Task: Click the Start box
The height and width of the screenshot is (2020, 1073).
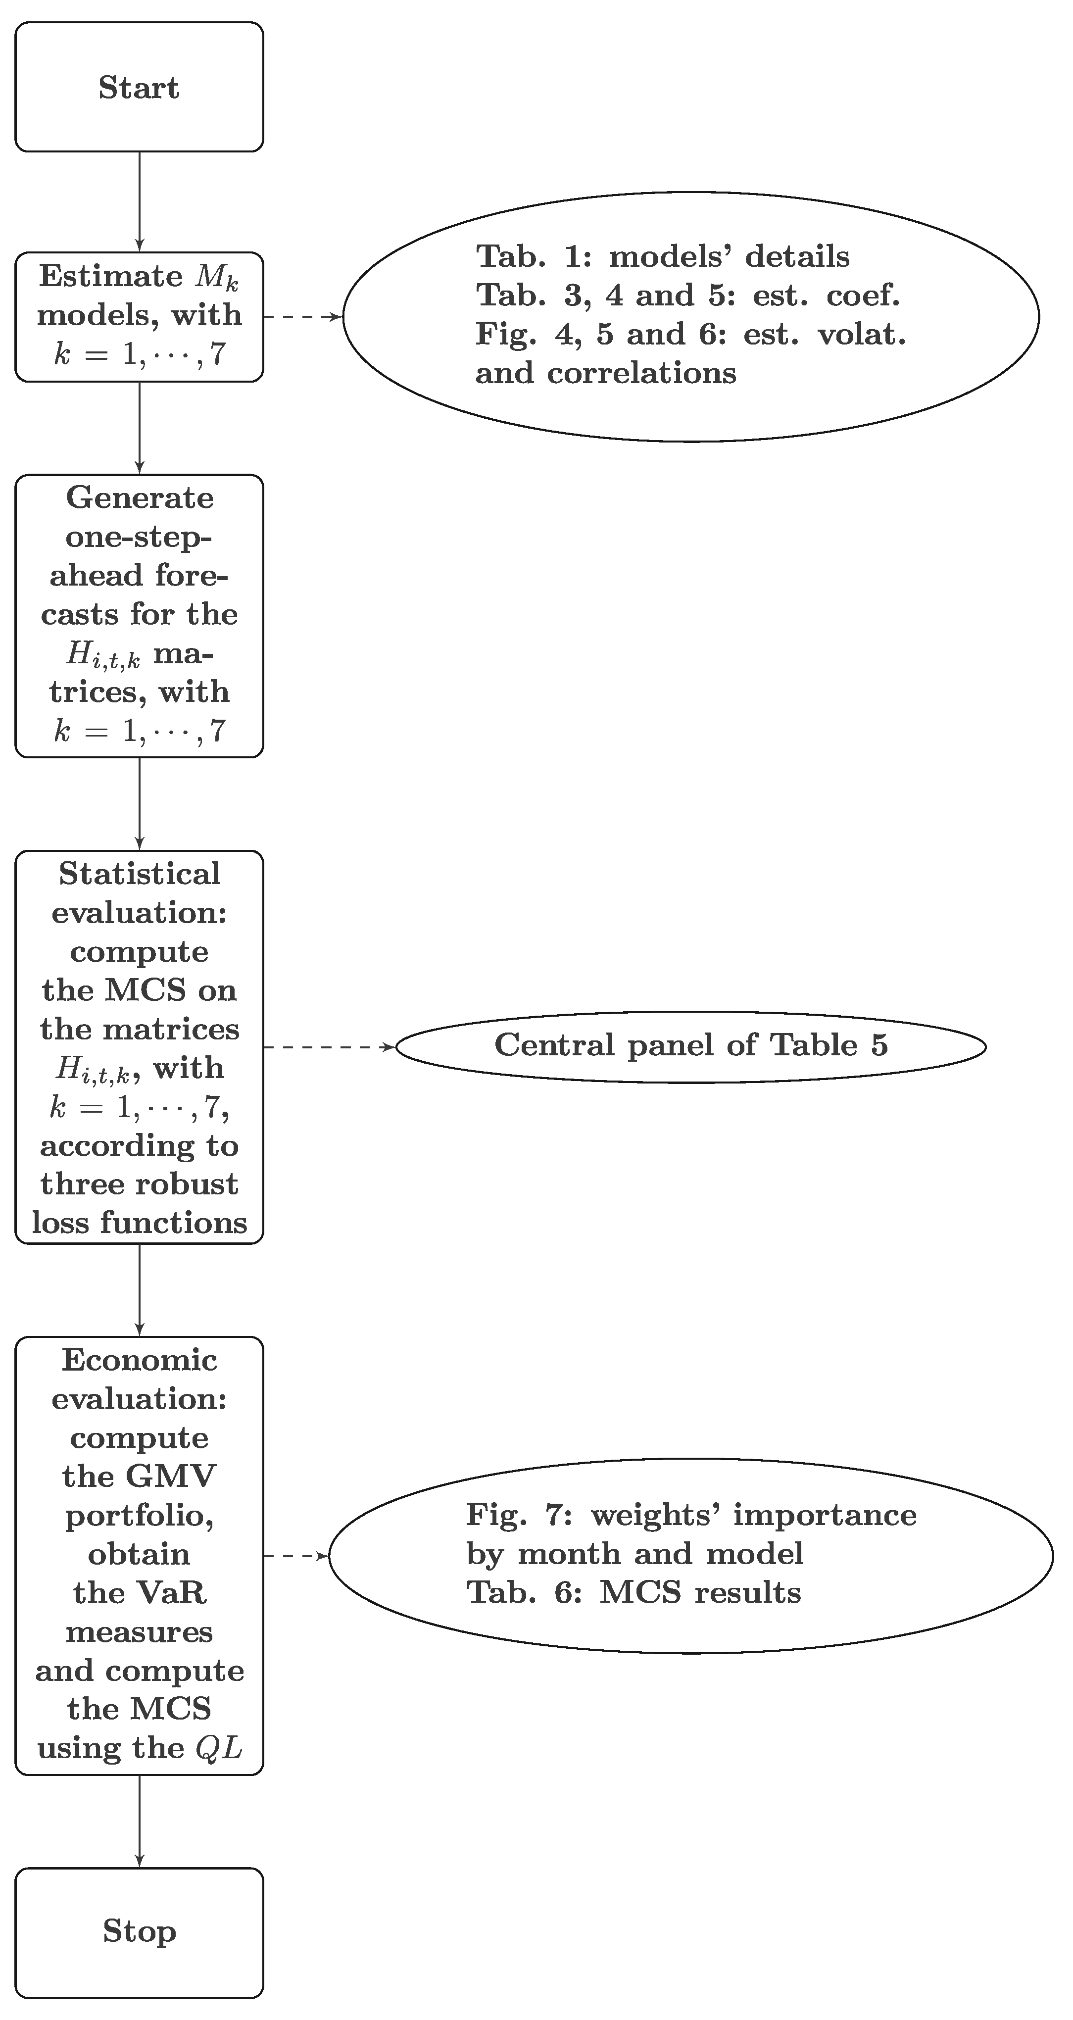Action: (x=139, y=87)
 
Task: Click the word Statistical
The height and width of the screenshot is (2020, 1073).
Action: (x=140, y=874)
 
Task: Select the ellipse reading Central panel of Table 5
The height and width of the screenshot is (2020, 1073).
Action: (x=690, y=1046)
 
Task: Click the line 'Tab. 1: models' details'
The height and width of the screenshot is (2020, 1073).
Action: (x=663, y=256)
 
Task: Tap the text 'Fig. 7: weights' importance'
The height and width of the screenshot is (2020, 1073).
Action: (x=690, y=1515)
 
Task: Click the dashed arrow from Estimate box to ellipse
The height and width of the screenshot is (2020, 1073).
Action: (x=302, y=317)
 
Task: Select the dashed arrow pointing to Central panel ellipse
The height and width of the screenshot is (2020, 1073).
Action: (x=328, y=1047)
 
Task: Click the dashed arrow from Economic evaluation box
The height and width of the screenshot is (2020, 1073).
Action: (x=295, y=1556)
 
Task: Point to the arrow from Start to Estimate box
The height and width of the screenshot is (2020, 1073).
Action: (x=140, y=201)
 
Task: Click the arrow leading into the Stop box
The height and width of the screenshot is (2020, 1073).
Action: (x=140, y=1821)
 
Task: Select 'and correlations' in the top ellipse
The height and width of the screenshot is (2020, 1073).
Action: (x=605, y=373)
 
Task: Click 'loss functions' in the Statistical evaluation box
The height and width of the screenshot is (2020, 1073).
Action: (x=140, y=1223)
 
